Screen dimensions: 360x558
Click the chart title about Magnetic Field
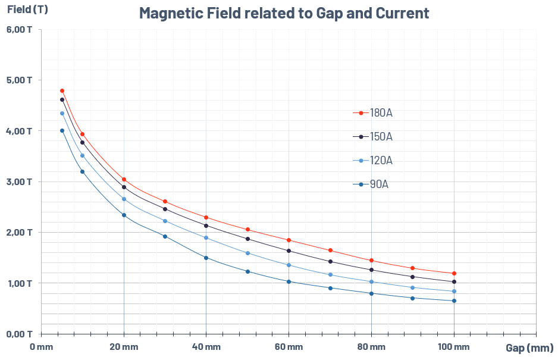284,13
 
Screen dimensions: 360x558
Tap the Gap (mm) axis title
529,348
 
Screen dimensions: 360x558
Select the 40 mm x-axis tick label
206,347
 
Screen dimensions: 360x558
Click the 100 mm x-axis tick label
454,347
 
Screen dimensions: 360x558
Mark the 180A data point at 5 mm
62,90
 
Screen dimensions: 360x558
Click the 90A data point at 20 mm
124,215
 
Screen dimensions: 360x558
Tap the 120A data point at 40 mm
206,238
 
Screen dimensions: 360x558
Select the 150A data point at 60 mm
289,251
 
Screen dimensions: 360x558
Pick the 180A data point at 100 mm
454,273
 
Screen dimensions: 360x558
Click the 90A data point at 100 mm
454,300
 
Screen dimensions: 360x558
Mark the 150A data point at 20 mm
124,187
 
